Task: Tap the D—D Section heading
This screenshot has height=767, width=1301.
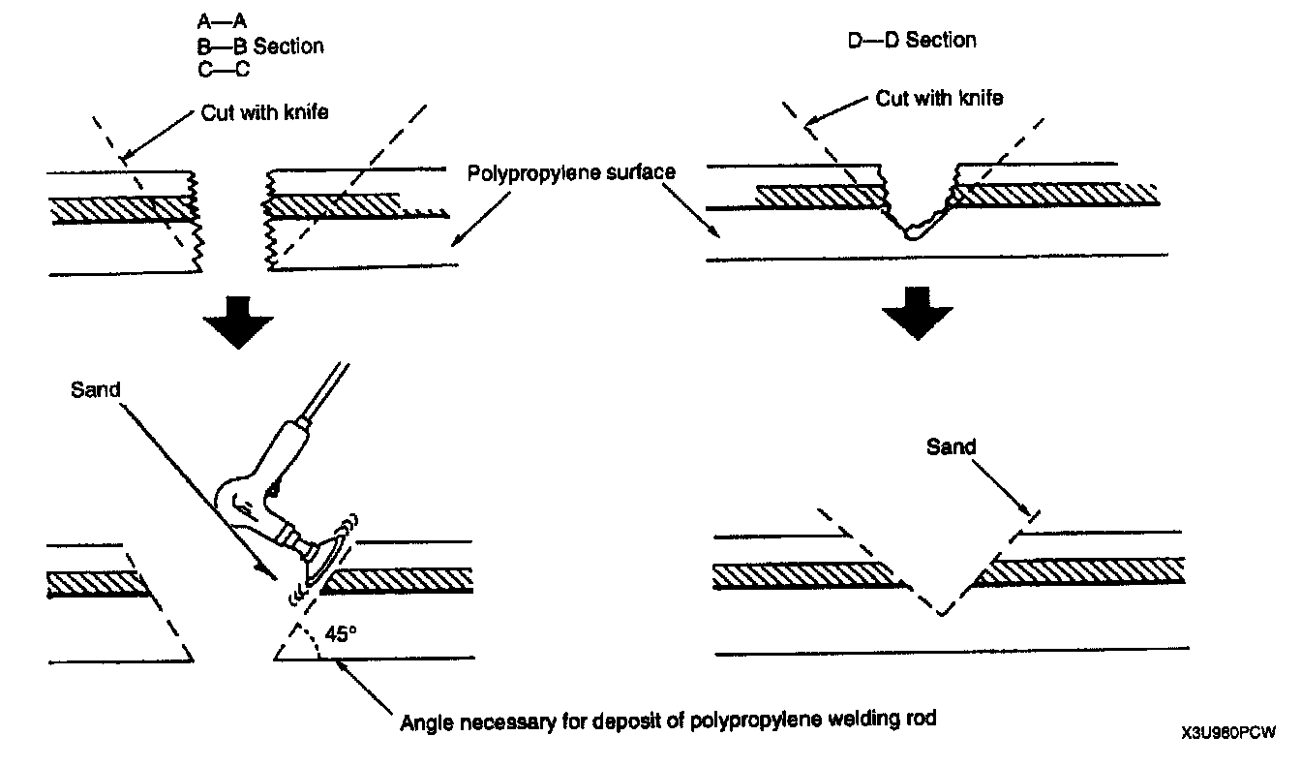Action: (911, 41)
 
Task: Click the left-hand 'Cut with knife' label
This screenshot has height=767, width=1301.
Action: (264, 112)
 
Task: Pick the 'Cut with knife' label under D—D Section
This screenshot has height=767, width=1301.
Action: (939, 98)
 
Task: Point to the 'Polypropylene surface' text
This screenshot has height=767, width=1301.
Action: (571, 173)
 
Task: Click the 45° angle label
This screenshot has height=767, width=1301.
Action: (341, 632)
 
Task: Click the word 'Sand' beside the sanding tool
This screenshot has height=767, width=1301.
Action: (95, 390)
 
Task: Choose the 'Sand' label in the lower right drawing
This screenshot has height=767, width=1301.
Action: (952, 447)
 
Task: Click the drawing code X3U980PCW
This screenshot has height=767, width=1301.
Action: (1227, 733)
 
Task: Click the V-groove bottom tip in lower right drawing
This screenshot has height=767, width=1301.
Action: (939, 614)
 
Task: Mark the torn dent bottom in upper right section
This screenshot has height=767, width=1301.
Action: (912, 233)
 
